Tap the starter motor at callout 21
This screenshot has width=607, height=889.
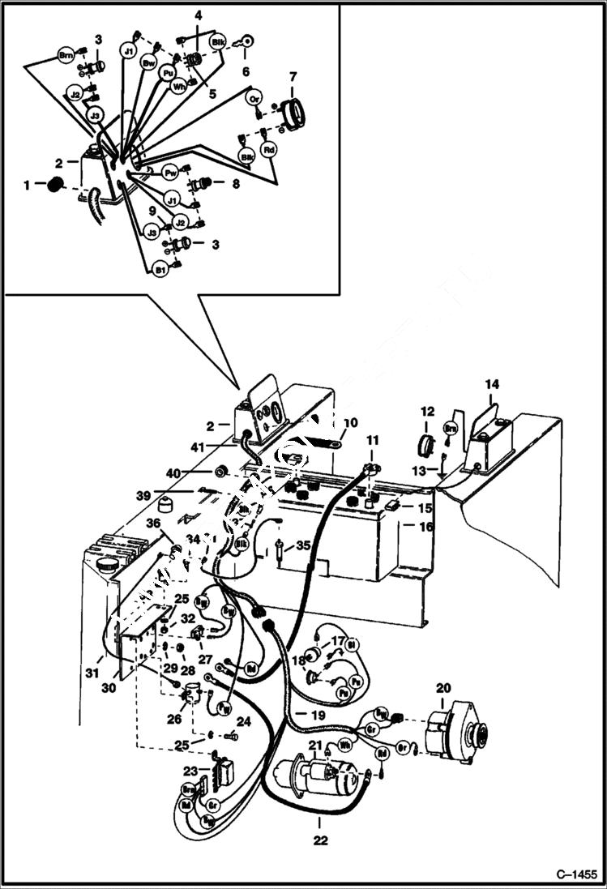pos(320,780)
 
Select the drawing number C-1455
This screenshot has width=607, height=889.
pos(576,874)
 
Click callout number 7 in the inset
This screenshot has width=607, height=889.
pos(293,77)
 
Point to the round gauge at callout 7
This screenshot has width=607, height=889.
pos(292,113)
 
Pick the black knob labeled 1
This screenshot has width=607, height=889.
pos(54,186)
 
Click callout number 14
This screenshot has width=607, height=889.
pos(492,383)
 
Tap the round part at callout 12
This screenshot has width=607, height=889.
pos(427,445)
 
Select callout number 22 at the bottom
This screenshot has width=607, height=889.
pos(320,841)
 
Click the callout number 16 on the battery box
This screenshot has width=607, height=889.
pos(426,527)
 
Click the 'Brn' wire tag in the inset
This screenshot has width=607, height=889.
pos(66,55)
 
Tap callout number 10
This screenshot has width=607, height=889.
pos(349,423)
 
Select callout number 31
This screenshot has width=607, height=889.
pos(94,672)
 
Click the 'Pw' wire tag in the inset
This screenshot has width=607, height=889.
pos(171,173)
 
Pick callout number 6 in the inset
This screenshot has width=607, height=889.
pos(246,71)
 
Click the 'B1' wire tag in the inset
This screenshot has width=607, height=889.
pos(160,268)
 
